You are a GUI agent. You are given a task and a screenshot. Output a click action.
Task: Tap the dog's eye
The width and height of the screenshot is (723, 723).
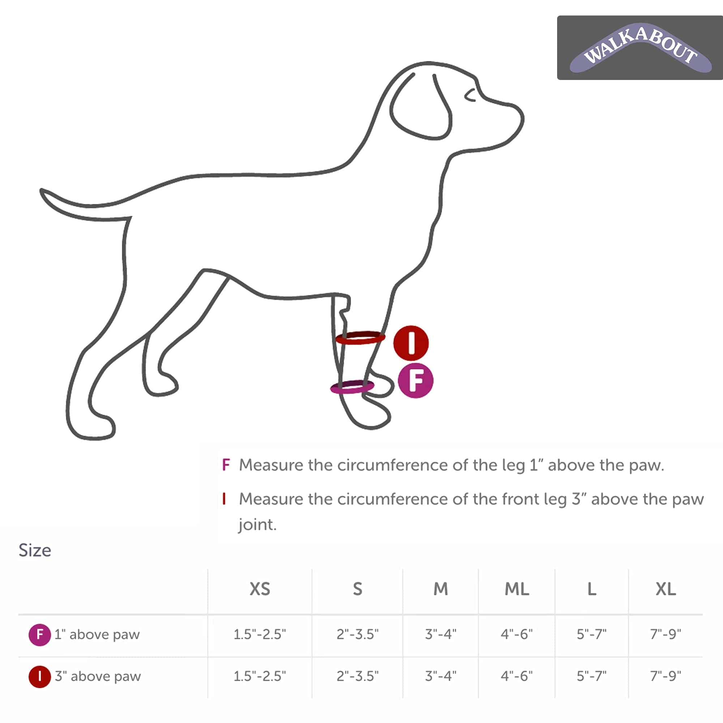[470, 95]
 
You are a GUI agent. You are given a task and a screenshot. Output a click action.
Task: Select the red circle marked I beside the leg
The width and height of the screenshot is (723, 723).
[411, 343]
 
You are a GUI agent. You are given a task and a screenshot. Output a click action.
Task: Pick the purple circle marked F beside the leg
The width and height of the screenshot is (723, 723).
[415, 380]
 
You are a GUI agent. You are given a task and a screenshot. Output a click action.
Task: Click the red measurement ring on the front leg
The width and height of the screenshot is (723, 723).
[360, 338]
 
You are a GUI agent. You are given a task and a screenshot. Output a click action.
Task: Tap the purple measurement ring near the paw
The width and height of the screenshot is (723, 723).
[352, 386]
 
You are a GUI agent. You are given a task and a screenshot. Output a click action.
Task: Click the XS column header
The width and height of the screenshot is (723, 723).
[260, 589]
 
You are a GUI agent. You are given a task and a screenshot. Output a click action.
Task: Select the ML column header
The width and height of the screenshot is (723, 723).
[517, 589]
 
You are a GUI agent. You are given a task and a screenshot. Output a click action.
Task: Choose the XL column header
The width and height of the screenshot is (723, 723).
[666, 589]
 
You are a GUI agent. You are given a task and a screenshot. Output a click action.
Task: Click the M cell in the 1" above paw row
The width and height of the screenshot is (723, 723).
[440, 634]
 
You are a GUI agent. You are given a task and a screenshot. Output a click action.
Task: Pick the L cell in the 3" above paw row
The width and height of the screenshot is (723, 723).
[591, 676]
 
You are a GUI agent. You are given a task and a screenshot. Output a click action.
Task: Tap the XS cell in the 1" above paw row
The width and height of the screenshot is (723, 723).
[260, 634]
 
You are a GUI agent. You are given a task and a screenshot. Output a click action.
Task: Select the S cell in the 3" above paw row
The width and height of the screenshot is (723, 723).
[358, 676]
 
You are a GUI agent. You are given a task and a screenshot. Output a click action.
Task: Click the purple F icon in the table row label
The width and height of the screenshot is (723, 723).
[40, 635]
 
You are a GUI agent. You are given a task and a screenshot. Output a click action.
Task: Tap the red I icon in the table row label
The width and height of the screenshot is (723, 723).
[40, 677]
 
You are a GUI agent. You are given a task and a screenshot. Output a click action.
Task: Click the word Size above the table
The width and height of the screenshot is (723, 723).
[35, 551]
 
